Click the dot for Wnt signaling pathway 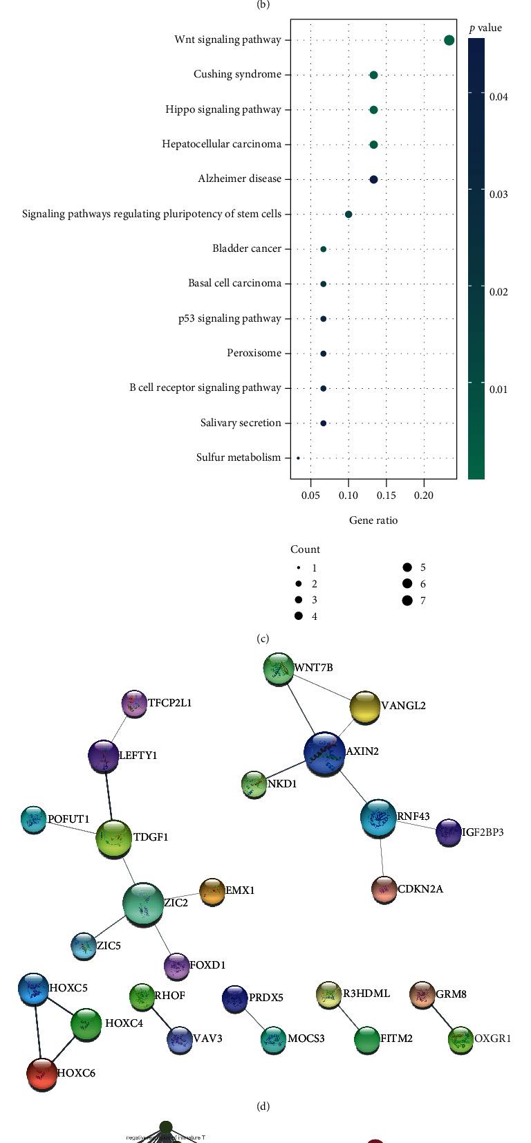point(449,40)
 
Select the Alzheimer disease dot point(373,179)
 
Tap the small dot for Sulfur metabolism point(298,457)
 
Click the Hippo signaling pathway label point(223,109)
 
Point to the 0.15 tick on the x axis point(386,495)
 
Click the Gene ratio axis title point(373,520)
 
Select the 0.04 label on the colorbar point(499,97)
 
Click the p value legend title point(485,28)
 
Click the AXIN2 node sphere point(324,753)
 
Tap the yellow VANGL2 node point(364,707)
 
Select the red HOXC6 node point(41,1073)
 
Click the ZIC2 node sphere point(143,904)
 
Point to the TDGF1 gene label point(151,837)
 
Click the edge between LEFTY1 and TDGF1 point(108,797)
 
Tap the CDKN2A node point(384,890)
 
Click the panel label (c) point(263,638)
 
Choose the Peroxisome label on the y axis point(254,353)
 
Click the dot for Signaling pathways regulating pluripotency point(348,214)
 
